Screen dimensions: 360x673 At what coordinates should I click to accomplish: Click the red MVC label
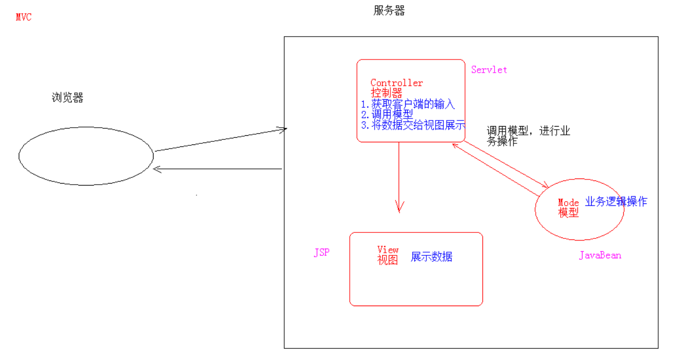pyautogui.click(x=23, y=17)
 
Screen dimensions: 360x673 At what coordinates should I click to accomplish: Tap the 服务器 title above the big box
pyautogui.click(x=389, y=11)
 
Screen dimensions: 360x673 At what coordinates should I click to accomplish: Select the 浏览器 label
pyautogui.click(x=67, y=98)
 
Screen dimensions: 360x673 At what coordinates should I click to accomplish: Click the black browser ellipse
pyautogui.click(x=86, y=156)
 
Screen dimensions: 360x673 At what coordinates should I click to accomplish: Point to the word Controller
pyautogui.click(x=396, y=83)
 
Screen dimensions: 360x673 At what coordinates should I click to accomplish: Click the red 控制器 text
pyautogui.click(x=386, y=94)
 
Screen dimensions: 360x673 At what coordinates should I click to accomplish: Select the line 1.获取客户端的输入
pyautogui.click(x=408, y=104)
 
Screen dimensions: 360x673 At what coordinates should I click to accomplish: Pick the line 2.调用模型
pyautogui.click(x=387, y=115)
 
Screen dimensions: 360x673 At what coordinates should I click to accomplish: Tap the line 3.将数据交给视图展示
pyautogui.click(x=413, y=126)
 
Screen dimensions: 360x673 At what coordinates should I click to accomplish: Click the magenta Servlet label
pyautogui.click(x=489, y=70)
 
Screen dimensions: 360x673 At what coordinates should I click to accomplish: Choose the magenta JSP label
pyautogui.click(x=321, y=253)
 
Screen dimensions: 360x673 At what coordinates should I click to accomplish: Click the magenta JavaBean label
pyautogui.click(x=600, y=255)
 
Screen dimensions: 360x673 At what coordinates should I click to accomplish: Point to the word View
pyautogui.click(x=388, y=250)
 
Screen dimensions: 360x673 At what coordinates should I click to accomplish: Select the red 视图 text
pyautogui.click(x=387, y=260)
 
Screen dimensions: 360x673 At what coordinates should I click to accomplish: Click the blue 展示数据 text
pyautogui.click(x=432, y=257)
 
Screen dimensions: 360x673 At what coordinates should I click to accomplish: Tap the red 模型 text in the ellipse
pyautogui.click(x=568, y=213)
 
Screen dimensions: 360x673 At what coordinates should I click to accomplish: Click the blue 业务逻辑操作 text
pyautogui.click(x=616, y=201)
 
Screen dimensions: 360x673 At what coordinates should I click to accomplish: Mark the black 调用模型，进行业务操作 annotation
pyautogui.click(x=528, y=137)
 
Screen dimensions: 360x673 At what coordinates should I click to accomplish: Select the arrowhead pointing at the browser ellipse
pyautogui.click(x=158, y=169)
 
